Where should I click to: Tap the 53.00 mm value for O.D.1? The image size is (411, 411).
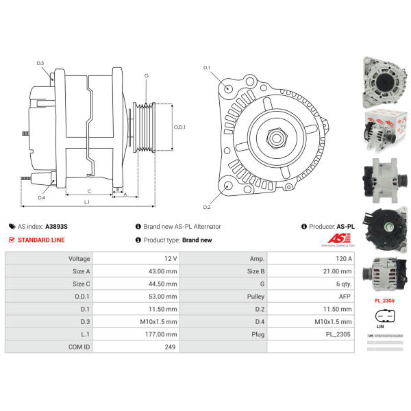pyautogui.click(x=162, y=296)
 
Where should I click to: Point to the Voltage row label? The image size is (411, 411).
pyautogui.click(x=80, y=259)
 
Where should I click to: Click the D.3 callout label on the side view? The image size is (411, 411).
pyautogui.click(x=40, y=64)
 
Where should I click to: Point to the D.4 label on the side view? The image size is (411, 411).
pyautogui.click(x=40, y=197)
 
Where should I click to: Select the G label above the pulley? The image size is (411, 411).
pyautogui.click(x=146, y=75)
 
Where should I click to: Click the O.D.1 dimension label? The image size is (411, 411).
pyautogui.click(x=180, y=127)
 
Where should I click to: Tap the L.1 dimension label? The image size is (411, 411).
pyautogui.click(x=88, y=203)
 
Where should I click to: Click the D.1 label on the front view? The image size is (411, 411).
pyautogui.click(x=206, y=67)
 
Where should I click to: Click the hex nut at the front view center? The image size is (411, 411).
pyautogui.click(x=277, y=136)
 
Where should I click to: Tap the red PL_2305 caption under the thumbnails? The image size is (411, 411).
pyautogui.click(x=384, y=300)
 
